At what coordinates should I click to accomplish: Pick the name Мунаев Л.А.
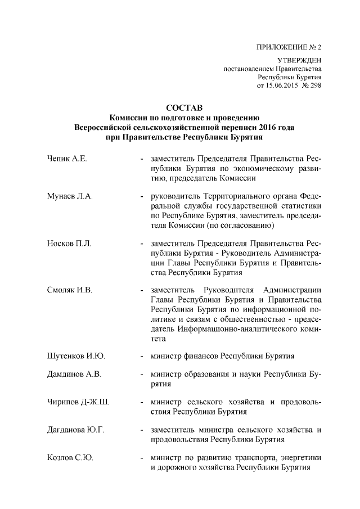(70, 196)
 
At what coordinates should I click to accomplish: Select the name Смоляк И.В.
(70, 289)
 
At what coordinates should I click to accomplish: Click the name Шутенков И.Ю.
(75, 355)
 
